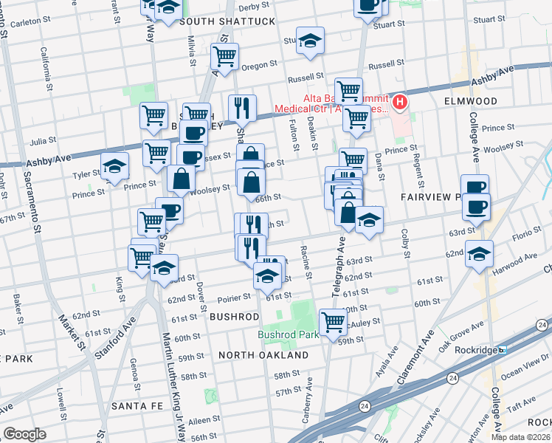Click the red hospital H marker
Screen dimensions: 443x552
tap(400, 102)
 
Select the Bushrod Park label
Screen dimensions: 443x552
tap(288, 334)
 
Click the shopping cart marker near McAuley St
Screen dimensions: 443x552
tap(333, 321)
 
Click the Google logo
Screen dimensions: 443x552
tap(24, 433)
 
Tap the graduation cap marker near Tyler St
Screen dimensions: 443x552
tap(115, 166)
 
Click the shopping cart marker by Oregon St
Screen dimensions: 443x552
tap(224, 55)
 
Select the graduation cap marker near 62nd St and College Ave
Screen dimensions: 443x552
tap(480, 254)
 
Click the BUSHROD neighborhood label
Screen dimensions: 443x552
tap(234, 316)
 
